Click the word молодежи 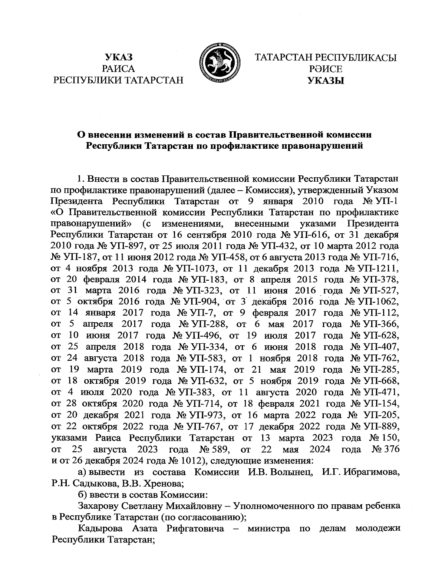coord(378,528)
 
